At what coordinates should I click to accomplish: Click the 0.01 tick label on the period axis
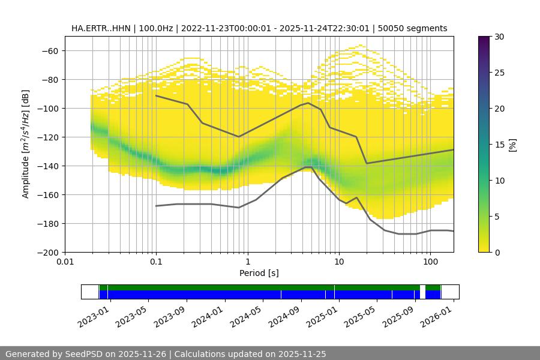click(65, 262)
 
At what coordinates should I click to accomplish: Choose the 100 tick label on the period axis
click(430, 262)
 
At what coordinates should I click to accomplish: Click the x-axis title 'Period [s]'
click(259, 274)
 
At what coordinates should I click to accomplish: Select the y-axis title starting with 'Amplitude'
click(26, 145)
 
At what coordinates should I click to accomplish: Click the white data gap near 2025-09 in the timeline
click(422, 292)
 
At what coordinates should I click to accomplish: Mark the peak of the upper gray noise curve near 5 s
click(308, 103)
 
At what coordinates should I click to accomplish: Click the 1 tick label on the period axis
click(247, 262)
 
